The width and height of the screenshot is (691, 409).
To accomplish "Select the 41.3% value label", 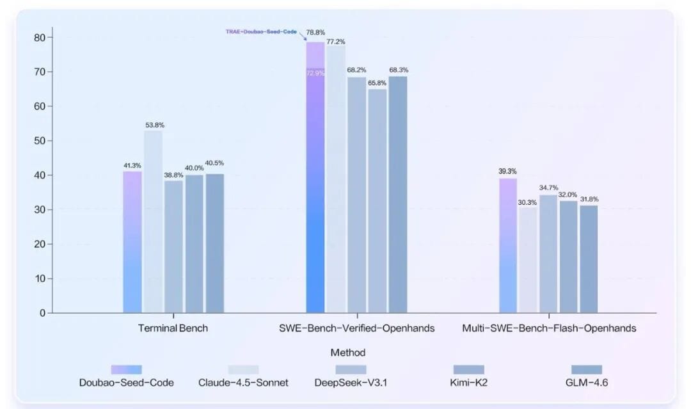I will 132,166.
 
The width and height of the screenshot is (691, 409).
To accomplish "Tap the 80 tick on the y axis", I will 39,37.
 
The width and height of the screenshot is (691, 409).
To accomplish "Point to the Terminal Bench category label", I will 173,328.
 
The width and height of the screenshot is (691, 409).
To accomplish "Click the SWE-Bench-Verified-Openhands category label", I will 356,328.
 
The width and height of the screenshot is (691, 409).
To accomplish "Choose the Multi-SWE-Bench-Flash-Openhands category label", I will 549,328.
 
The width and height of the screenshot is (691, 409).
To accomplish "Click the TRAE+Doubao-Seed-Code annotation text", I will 261,31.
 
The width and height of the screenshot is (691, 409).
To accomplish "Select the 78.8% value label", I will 315,32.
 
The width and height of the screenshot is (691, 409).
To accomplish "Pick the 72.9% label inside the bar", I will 315,74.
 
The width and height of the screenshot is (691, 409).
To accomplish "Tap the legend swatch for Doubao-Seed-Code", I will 126,370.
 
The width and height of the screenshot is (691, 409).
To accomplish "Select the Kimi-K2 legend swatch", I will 468,370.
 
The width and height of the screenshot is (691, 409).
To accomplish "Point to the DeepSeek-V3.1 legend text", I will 351,383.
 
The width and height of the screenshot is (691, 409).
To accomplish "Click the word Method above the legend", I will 348,353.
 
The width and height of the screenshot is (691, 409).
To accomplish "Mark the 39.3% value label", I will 508,171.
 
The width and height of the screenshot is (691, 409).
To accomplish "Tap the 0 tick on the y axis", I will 42,313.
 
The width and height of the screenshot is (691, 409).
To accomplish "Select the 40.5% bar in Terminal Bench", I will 215,243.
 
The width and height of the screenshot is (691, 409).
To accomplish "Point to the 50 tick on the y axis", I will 39,141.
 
